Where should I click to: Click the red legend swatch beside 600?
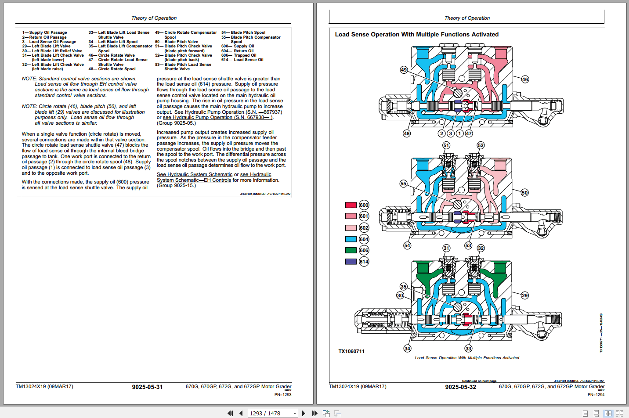coord(351,205)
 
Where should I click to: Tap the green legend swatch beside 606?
coord(351,250)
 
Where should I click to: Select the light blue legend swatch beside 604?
coord(351,239)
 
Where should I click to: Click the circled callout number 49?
coord(404,70)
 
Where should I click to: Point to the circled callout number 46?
coord(525,79)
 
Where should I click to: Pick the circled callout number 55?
coord(403,184)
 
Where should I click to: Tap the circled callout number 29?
coord(524,295)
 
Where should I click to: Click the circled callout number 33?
coord(468,349)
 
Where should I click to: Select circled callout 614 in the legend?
coord(364,262)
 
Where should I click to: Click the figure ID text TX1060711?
coord(351,351)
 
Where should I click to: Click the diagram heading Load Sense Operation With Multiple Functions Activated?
coord(416,35)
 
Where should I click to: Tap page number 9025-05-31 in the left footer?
coord(147,387)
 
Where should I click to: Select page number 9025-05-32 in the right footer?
coord(460,387)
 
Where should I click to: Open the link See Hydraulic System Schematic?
coord(195,175)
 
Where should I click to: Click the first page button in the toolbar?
coord(230,413)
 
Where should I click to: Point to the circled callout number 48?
coord(407,133)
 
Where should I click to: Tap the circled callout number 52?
coord(481,145)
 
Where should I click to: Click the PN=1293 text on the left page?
coord(283,395)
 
